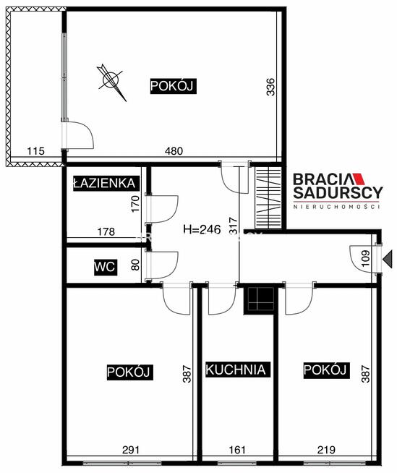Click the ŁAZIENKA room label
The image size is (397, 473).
pos(105,184)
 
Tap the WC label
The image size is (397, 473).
pos(104,267)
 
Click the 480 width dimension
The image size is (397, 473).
pos(174,151)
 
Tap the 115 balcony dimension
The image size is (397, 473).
pos(35,151)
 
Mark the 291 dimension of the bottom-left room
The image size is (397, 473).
pos(130,450)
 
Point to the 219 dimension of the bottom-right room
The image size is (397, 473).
pos(325,450)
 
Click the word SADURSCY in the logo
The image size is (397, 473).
pos(337,193)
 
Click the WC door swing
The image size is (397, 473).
pos(166,263)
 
